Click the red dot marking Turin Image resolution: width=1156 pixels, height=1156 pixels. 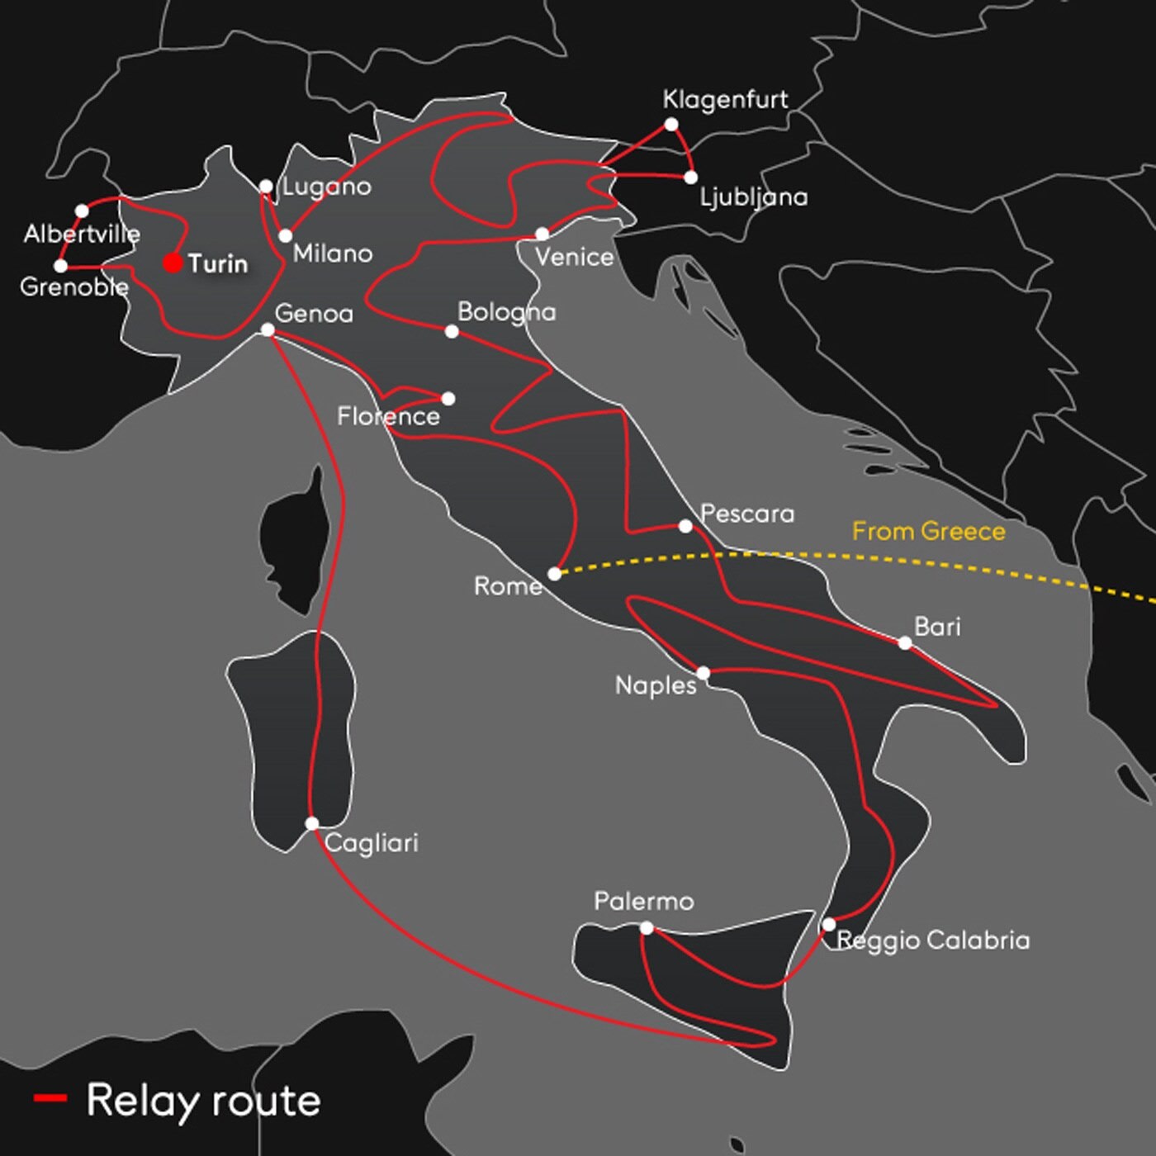pos(173,263)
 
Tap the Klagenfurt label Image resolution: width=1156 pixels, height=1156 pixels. pos(725,100)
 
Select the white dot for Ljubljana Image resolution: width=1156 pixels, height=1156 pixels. pos(690,177)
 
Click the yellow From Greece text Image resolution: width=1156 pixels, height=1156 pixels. pos(928,531)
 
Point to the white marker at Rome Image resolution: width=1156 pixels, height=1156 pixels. pos(554,574)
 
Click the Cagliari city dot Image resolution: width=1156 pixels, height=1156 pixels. pos(311,823)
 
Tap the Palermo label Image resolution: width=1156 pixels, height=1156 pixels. pos(643,901)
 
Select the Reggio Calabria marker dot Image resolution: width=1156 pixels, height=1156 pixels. pos(828,924)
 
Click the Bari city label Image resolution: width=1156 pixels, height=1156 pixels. pos(937,627)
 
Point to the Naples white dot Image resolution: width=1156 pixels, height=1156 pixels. pos(703,673)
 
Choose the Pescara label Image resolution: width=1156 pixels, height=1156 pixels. pos(746,514)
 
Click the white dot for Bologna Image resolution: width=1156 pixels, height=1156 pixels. pos(452,331)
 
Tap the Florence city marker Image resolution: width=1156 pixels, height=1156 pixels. pos(448,399)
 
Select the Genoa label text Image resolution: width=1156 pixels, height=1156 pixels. pos(314,314)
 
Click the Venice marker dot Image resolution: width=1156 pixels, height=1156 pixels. pos(542,234)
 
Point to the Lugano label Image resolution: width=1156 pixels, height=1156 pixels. pos(327,187)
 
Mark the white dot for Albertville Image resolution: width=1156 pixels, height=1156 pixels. pos(82,211)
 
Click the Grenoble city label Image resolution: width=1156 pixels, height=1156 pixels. pos(73,287)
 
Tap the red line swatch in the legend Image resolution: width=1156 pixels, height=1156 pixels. pos(50,1097)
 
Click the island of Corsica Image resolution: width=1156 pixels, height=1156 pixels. pos(293,537)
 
